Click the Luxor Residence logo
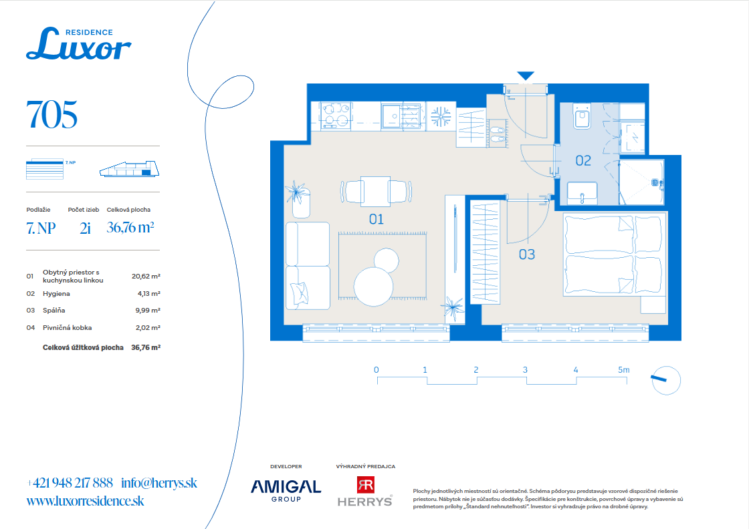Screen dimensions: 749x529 [x=79, y=44]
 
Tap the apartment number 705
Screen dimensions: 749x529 [x=51, y=115]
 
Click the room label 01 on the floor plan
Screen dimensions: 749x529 [x=377, y=220]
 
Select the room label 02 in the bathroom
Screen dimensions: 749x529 [x=583, y=161]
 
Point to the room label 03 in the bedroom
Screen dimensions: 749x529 [x=527, y=254]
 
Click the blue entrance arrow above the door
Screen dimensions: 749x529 [x=526, y=76]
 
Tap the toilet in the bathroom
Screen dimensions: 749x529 [x=582, y=116]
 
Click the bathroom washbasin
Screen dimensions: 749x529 [x=582, y=193]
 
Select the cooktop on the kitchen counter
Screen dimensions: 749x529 [x=336, y=116]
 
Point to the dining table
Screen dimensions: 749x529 [x=375, y=191]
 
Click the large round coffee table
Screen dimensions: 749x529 [x=373, y=286]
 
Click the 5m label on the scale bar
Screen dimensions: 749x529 [x=623, y=369]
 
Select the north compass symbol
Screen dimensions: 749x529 [x=665, y=380]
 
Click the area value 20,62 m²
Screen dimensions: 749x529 [x=146, y=276]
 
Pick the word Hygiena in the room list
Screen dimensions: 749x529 [x=56, y=294]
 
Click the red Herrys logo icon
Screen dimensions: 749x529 [x=365, y=485]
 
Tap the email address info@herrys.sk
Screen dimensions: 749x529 [x=159, y=483]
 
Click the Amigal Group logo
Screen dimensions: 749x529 [x=286, y=490]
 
